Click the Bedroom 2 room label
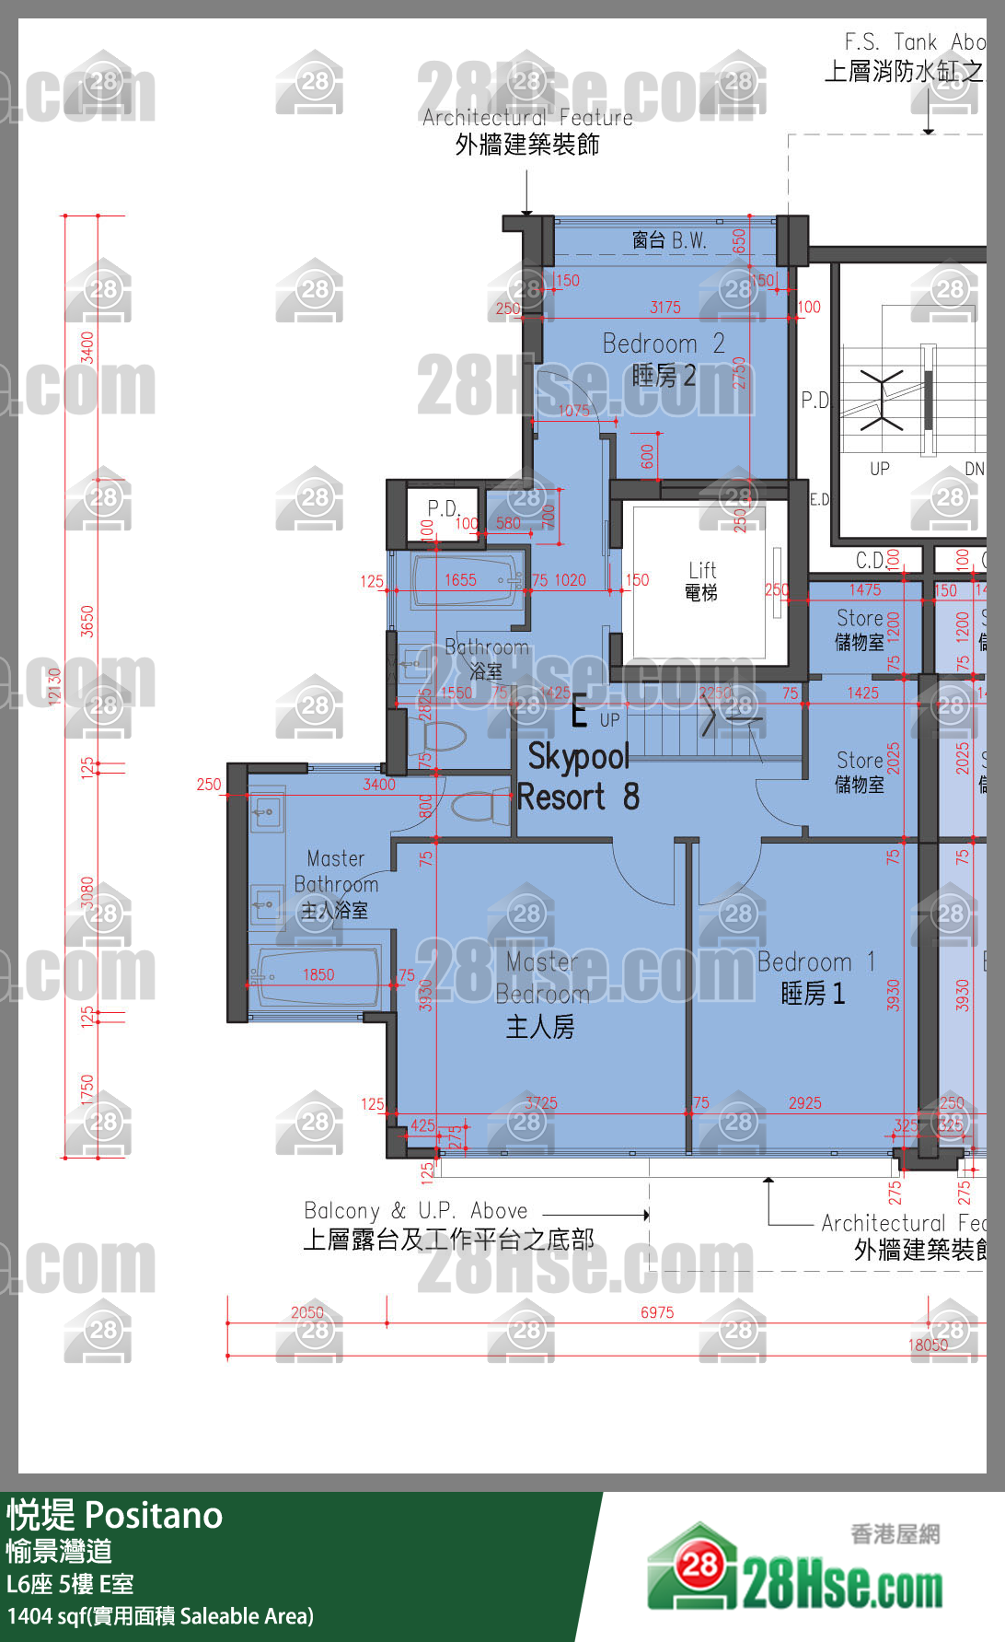coord(663,359)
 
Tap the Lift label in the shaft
coord(701,580)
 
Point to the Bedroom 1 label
coord(814,977)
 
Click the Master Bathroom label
coord(336,884)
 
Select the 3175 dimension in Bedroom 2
coord(664,308)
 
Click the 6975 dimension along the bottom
coord(657,1312)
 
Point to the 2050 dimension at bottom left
coord(307,1312)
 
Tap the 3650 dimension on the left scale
coord(87,621)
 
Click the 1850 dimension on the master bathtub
coord(318,974)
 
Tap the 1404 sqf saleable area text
coord(160,1616)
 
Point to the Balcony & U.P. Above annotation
coord(448,1225)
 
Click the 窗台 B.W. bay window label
coord(669,240)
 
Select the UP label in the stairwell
coord(879,469)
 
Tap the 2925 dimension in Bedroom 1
coord(804,1102)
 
